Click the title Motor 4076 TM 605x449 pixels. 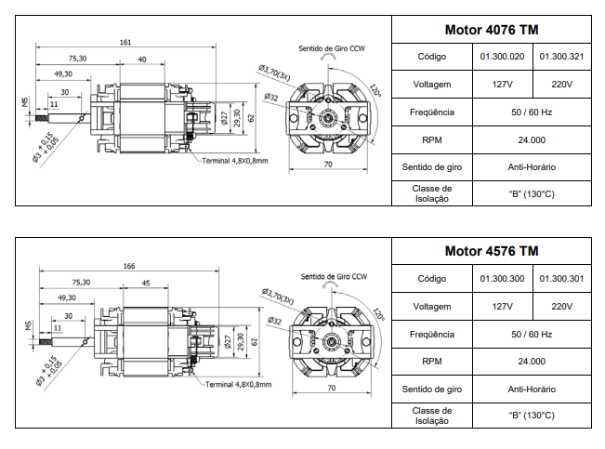[x=491, y=30]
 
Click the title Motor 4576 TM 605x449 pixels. [x=491, y=251]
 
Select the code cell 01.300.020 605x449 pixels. [x=503, y=57]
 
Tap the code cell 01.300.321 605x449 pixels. [x=561, y=57]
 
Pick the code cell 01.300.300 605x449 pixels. [x=503, y=279]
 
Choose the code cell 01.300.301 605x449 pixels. [x=561, y=279]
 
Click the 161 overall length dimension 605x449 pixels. [x=125, y=43]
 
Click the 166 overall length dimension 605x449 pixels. [x=129, y=266]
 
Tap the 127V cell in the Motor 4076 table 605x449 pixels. [x=503, y=85]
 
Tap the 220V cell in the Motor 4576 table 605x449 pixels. [x=561, y=306]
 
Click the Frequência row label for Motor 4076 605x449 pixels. [x=432, y=112]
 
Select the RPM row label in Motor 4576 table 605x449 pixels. [x=432, y=362]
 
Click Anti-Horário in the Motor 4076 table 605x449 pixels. [x=532, y=167]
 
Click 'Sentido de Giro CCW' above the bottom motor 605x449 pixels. [x=333, y=277]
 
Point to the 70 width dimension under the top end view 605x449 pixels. [x=327, y=165]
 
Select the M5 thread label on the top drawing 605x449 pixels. [x=28, y=101]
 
